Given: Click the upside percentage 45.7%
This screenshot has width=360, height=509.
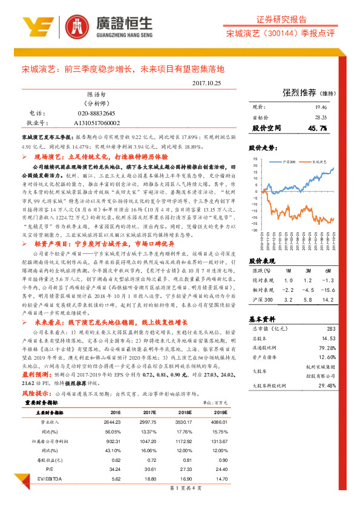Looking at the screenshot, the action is coord(317,129).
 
